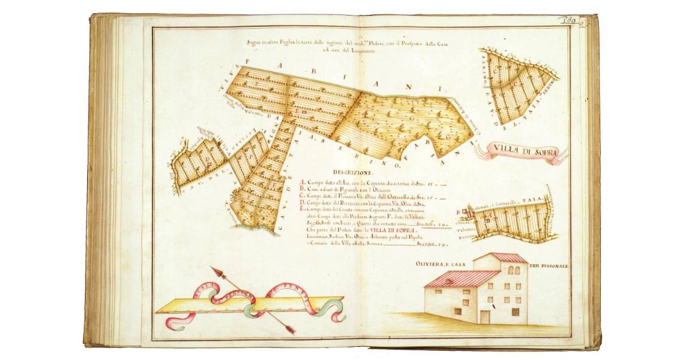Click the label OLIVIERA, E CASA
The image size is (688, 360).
click(x=442, y=264)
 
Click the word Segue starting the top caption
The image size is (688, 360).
click(x=254, y=42)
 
